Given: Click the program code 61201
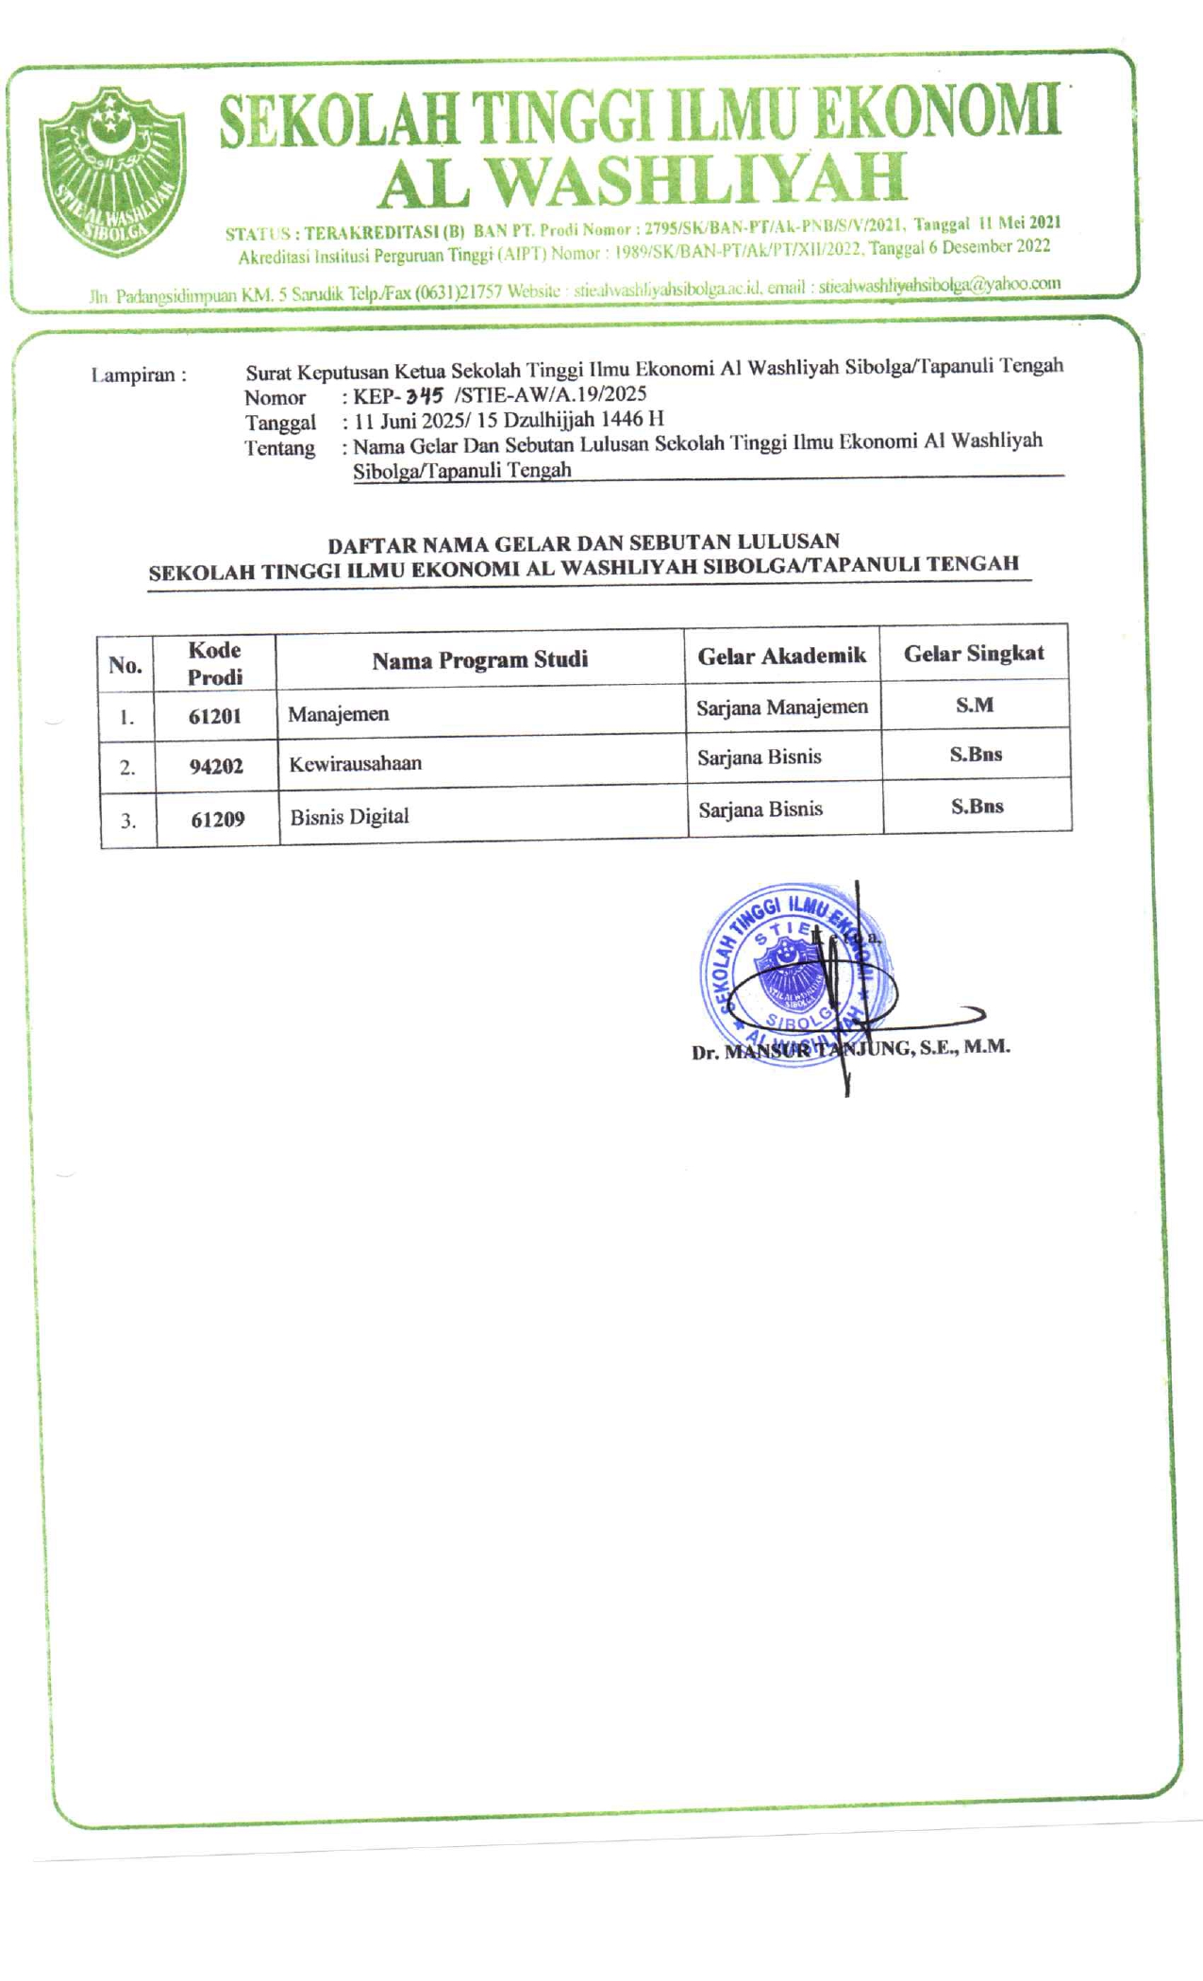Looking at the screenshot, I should [x=215, y=716].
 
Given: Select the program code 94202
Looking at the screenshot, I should [x=216, y=766].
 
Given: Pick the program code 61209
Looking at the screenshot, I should [x=218, y=819].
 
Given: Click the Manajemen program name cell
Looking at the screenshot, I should [x=339, y=714].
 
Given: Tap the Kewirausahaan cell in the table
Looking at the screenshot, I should [x=356, y=764].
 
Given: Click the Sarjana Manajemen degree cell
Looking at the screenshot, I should [x=782, y=707].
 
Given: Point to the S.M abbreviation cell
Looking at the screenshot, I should [x=975, y=705].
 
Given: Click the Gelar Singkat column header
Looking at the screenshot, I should [x=974, y=654].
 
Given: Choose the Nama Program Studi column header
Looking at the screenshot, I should [x=479, y=659].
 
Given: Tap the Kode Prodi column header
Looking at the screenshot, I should [x=215, y=663].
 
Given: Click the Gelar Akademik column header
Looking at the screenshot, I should [x=781, y=657].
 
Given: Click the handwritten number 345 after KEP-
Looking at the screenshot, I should [x=425, y=396].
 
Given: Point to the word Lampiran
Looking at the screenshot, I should [x=133, y=375].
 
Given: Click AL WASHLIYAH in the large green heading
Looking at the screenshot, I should [x=642, y=180].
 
